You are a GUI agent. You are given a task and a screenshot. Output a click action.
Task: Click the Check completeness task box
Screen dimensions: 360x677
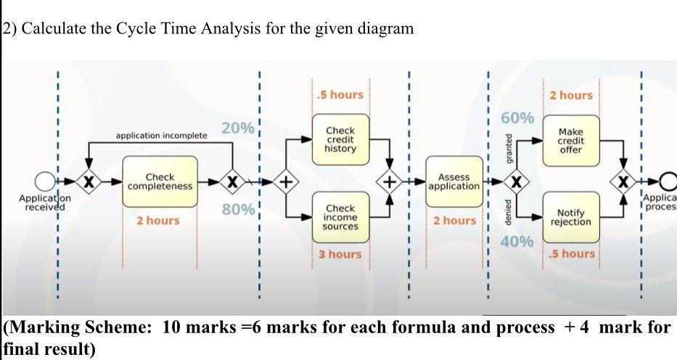pos(160,181)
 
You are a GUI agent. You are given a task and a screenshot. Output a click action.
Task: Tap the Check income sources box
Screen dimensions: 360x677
pos(340,217)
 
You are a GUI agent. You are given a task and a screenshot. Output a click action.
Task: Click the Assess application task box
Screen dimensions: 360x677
pos(454,181)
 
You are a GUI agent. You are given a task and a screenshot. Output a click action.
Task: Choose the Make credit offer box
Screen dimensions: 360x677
pos(571,140)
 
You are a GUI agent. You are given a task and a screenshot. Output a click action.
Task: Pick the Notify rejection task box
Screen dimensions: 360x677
pos(571,217)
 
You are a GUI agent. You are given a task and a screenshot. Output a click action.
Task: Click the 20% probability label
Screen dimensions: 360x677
pos(237,129)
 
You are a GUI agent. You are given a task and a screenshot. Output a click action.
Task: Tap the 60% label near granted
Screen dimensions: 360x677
pos(517,118)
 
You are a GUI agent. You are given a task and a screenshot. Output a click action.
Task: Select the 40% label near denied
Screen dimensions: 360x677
pos(517,241)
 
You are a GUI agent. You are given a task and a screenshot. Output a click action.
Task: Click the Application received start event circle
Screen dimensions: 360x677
pos(46,181)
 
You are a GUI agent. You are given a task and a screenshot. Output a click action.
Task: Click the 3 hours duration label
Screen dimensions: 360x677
pos(340,254)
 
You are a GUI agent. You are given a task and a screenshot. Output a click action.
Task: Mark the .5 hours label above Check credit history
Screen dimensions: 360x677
pos(340,95)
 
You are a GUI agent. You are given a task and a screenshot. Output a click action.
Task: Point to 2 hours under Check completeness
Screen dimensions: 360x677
pos(158,220)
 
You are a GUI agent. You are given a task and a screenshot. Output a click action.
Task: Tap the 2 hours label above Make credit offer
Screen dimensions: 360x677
pos(571,95)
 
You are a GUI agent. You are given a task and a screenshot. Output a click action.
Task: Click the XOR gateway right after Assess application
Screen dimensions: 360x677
pos(517,181)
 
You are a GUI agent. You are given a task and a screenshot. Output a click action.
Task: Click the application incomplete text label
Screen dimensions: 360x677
pos(161,136)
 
